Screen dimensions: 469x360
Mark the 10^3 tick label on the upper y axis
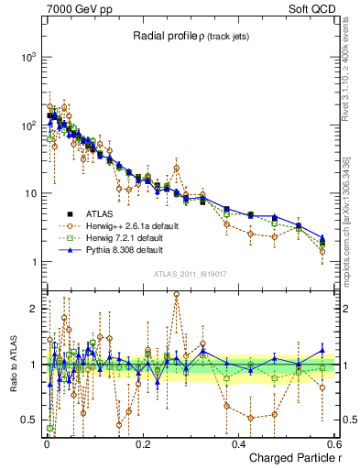tap(27, 57)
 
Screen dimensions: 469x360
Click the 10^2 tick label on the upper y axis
tap(27, 125)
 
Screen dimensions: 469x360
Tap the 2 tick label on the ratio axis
tap(33, 309)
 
